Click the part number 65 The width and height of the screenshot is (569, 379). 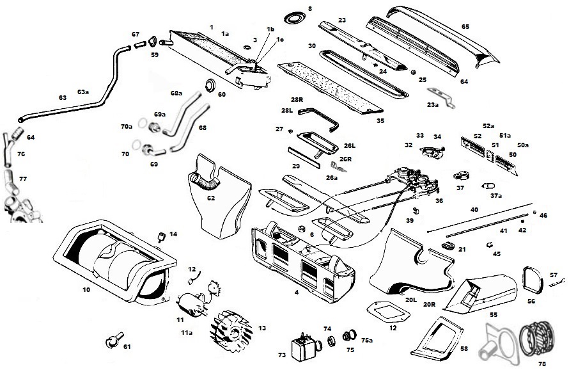(465, 26)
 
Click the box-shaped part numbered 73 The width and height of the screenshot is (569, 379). (300, 348)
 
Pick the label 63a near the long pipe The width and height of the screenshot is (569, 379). (83, 92)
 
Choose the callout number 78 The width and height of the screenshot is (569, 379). (542, 364)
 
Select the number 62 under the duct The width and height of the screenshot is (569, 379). (211, 198)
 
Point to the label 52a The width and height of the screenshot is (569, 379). (488, 126)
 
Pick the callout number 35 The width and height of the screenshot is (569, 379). (380, 120)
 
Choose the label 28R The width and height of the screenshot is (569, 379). (295, 101)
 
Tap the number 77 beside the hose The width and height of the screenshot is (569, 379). (22, 179)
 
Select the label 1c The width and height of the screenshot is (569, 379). (280, 40)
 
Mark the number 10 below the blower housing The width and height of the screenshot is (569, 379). (86, 289)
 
